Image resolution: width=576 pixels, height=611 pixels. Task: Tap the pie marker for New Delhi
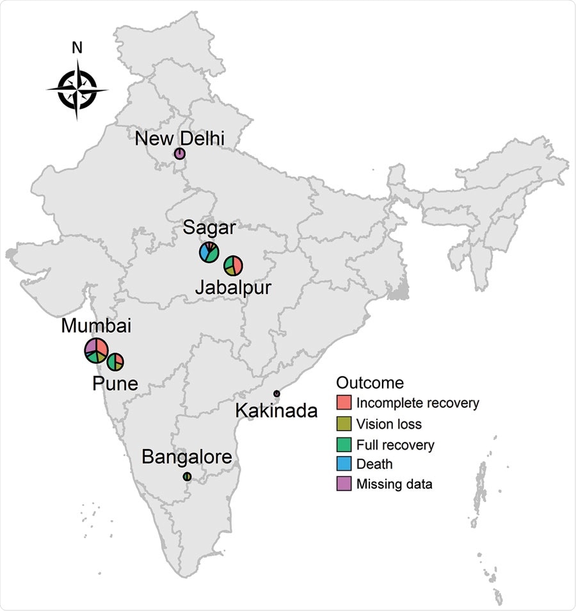[x=180, y=154]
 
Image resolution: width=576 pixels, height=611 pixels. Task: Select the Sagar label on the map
[x=210, y=227]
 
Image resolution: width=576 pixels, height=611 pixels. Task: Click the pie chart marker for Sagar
[x=209, y=252]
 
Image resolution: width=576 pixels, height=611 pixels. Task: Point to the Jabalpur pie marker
[x=233, y=265]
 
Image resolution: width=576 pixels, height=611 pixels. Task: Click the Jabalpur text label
[x=233, y=288]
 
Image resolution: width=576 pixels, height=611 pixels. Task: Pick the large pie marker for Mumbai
[x=97, y=350]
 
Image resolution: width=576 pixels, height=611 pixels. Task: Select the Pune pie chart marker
[x=115, y=362]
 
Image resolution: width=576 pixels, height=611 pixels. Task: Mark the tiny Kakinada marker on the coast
[x=276, y=393]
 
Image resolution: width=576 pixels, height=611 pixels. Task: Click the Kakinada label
[x=276, y=410]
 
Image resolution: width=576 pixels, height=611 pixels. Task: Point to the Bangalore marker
[x=187, y=477]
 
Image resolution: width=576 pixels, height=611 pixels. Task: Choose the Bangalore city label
[x=186, y=457]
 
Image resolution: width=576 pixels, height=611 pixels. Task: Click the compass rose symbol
[x=77, y=90]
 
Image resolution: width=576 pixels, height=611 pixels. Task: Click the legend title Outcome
[x=370, y=383]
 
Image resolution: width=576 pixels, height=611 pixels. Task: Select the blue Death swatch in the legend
[x=344, y=464]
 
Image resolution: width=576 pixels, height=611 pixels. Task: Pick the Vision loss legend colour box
[x=344, y=424]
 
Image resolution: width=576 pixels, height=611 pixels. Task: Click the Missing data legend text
[x=394, y=484]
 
